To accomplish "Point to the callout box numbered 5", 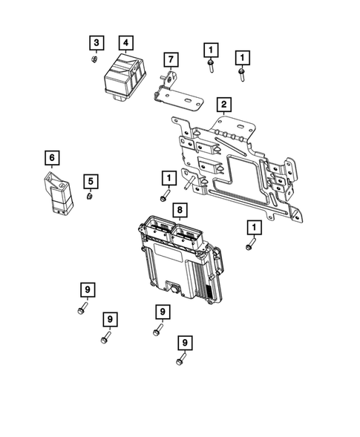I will pyautogui.click(x=90, y=180).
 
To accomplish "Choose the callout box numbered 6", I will pyautogui.click(x=51, y=157).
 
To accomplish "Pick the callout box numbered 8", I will pyautogui.click(x=179, y=211).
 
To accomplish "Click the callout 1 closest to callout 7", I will pyautogui.click(x=211, y=50).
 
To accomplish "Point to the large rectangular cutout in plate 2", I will pyautogui.click(x=238, y=175).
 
